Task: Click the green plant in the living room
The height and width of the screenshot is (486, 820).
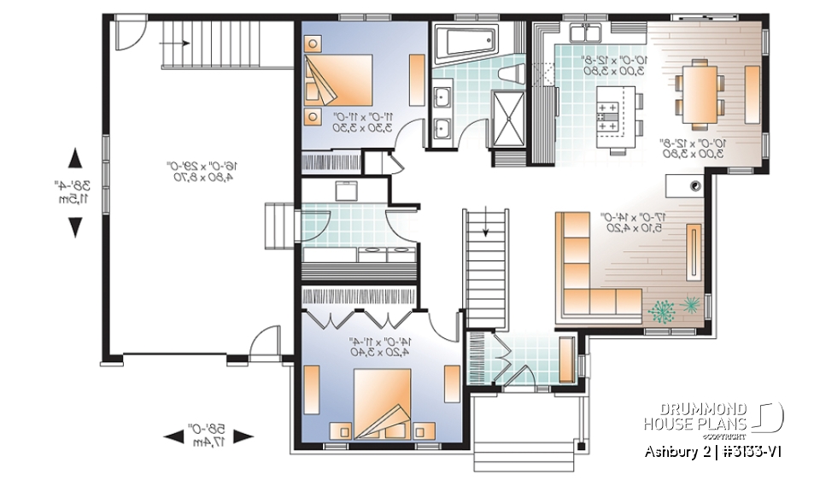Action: [x=662, y=312]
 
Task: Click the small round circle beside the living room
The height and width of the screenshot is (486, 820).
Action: [x=696, y=184]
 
